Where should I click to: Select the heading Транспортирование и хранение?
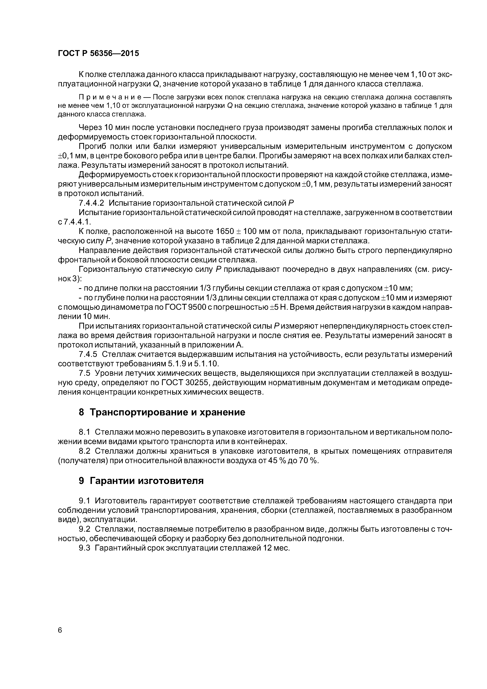[167, 412]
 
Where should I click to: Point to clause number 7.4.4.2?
[91, 203]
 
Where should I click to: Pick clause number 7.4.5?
[88, 354]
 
